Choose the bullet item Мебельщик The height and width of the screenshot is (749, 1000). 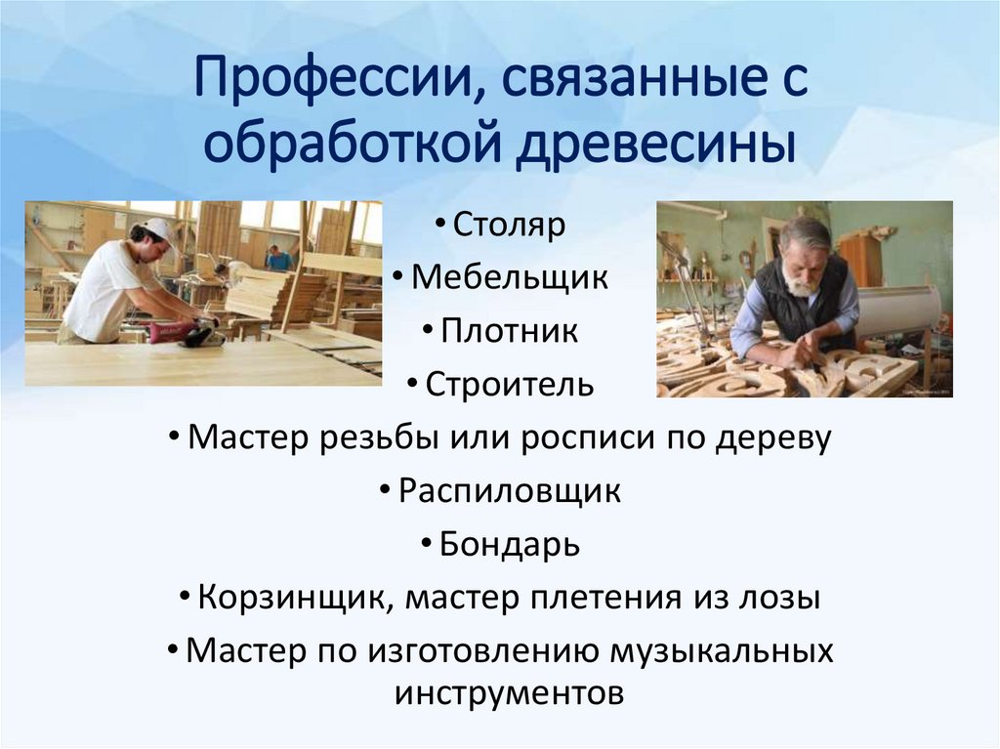click(x=509, y=277)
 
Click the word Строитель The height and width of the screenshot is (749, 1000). click(x=509, y=384)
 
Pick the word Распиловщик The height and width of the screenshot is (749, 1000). click(x=509, y=490)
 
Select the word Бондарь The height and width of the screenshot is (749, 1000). click(x=509, y=544)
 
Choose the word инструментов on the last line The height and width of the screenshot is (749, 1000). click(x=509, y=693)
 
